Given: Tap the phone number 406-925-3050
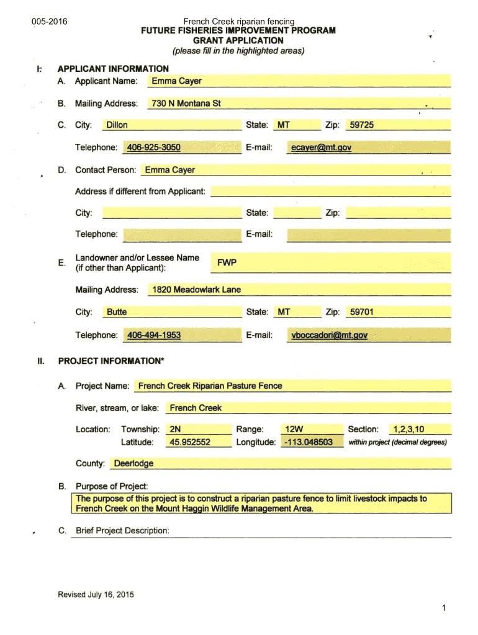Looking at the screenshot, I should point(153,148).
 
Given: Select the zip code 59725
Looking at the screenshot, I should point(361,125).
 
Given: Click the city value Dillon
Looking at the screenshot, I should point(117,125).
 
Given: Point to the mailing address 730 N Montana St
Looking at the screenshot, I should point(186,104).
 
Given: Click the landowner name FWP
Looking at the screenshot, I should point(227,263).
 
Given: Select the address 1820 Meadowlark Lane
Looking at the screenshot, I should point(196,290).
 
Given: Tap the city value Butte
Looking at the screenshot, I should point(117,312).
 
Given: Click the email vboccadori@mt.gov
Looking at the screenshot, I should point(329,335).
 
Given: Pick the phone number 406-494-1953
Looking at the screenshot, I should point(153,335).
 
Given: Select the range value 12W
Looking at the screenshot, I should point(294,429).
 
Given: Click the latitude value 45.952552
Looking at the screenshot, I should point(189,442).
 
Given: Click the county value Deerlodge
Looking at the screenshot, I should point(133,463).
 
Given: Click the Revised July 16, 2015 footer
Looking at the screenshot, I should point(96,595).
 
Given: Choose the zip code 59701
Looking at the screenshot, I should point(361,312).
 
